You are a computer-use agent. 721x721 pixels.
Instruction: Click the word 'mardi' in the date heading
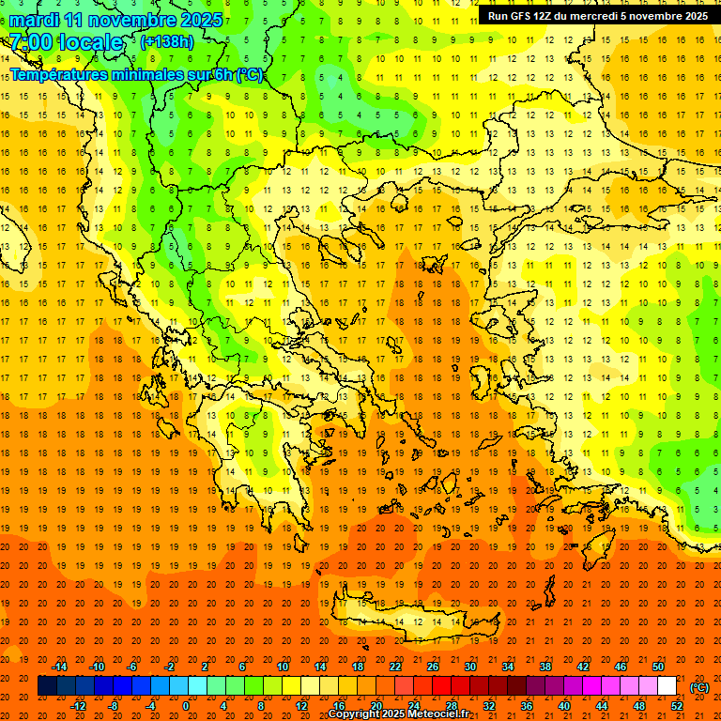tap(33, 20)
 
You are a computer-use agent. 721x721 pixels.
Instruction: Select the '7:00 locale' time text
tap(66, 42)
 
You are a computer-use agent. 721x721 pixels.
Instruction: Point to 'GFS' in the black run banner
tap(528, 16)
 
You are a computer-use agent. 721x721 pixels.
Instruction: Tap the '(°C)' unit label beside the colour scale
tap(698, 687)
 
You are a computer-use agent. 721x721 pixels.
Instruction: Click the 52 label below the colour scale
tap(677, 705)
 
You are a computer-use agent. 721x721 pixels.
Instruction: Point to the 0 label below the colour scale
tap(186, 705)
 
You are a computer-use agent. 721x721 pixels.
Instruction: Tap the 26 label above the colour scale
tap(433, 667)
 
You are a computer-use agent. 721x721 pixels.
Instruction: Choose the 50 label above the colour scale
tap(657, 667)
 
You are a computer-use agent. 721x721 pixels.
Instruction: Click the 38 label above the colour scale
tap(545, 667)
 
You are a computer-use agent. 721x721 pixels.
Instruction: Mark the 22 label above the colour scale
tap(395, 667)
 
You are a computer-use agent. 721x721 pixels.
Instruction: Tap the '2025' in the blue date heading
tap(201, 20)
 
